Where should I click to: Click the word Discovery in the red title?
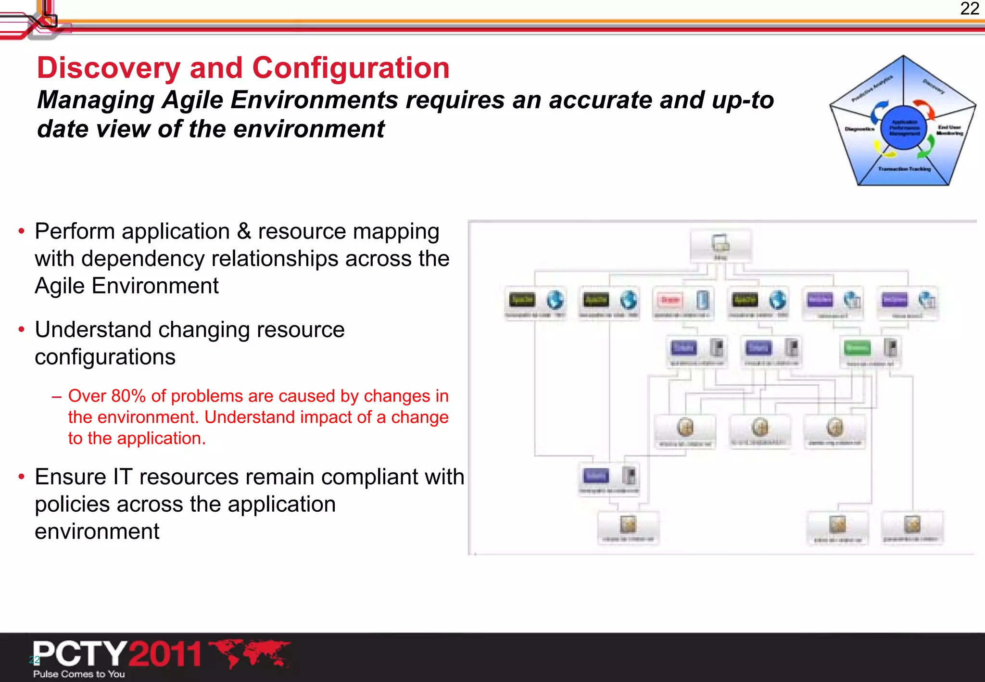[x=108, y=68]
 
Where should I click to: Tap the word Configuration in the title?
[x=351, y=68]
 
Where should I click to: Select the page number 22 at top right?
[x=969, y=9]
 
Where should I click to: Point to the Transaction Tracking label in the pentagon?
[x=904, y=169]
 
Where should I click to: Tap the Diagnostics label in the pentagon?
[x=859, y=129]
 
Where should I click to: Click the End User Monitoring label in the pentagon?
[x=949, y=130]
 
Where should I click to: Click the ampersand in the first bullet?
[x=244, y=231]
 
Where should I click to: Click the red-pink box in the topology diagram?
[x=670, y=300]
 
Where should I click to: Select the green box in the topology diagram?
[x=857, y=348]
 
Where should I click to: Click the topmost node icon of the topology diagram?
[x=720, y=243]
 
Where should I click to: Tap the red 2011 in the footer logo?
[x=165, y=654]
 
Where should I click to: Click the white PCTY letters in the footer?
[x=80, y=654]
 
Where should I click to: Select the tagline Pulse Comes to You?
[x=79, y=674]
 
